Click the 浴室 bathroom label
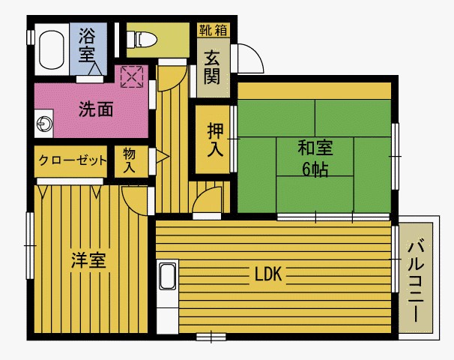point(88,45)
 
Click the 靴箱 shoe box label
point(213,30)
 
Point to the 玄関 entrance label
point(213,67)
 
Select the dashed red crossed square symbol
point(132,76)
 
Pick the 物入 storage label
point(129,160)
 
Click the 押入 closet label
point(215,139)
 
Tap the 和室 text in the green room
point(315,146)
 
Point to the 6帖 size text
point(315,169)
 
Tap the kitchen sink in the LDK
point(167,277)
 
